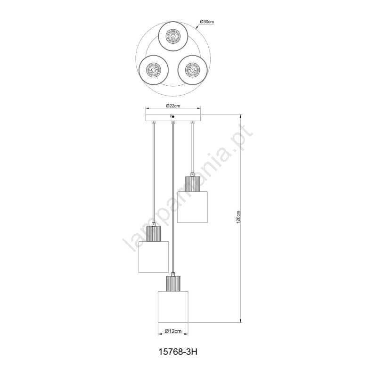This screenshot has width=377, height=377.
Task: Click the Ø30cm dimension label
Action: pyautogui.click(x=207, y=22)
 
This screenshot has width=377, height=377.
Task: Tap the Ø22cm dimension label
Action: pyautogui.click(x=173, y=106)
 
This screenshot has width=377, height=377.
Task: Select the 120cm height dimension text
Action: pyautogui.click(x=238, y=217)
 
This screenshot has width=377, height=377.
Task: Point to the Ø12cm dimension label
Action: pyautogui.click(x=173, y=331)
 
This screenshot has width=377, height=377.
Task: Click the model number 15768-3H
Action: pyautogui.click(x=178, y=352)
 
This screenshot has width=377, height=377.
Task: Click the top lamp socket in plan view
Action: pyautogui.click(x=173, y=36)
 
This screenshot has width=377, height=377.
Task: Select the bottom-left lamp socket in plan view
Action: pyautogui.click(x=154, y=70)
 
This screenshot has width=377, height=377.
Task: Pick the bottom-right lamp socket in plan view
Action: pyautogui.click(x=192, y=70)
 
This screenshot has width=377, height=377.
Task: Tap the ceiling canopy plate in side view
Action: pyautogui.click(x=173, y=118)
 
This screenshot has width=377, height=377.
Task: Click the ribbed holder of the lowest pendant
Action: pyautogui.click(x=173, y=284)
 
